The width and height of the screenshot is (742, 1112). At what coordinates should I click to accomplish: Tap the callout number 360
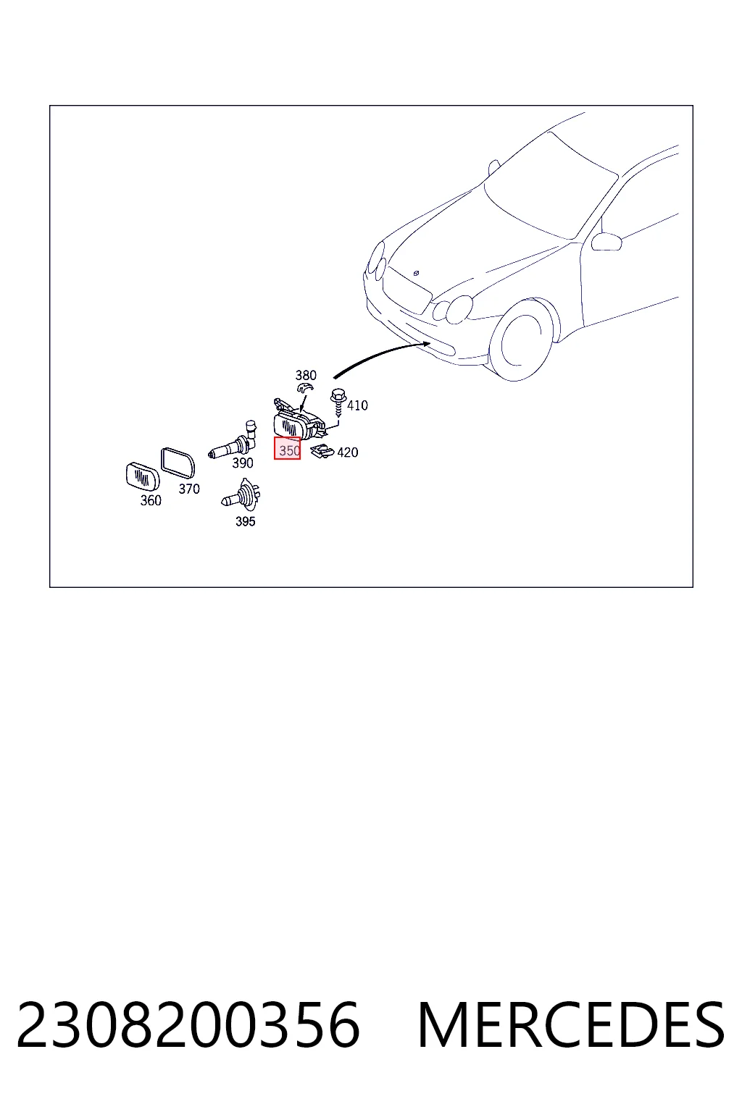click(x=151, y=500)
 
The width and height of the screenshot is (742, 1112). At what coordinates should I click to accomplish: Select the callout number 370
click(x=189, y=489)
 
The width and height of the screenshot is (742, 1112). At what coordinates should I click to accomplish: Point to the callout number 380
click(x=306, y=375)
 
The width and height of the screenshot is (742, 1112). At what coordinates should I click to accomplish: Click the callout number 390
click(x=243, y=463)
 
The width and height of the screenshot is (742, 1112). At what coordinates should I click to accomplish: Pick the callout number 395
click(x=245, y=521)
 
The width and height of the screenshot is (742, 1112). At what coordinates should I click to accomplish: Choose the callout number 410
click(x=357, y=405)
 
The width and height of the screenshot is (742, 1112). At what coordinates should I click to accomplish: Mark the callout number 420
click(x=347, y=452)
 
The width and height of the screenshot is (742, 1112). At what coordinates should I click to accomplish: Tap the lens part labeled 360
click(x=143, y=475)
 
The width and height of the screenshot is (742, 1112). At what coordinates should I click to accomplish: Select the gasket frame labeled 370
click(x=178, y=463)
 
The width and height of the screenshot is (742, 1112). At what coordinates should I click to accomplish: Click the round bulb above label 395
click(x=241, y=494)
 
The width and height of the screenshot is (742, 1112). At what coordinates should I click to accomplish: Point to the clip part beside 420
click(x=322, y=451)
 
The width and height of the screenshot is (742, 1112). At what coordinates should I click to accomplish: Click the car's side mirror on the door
click(x=606, y=241)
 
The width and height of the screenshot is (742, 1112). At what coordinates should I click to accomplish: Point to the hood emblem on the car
click(x=416, y=272)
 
